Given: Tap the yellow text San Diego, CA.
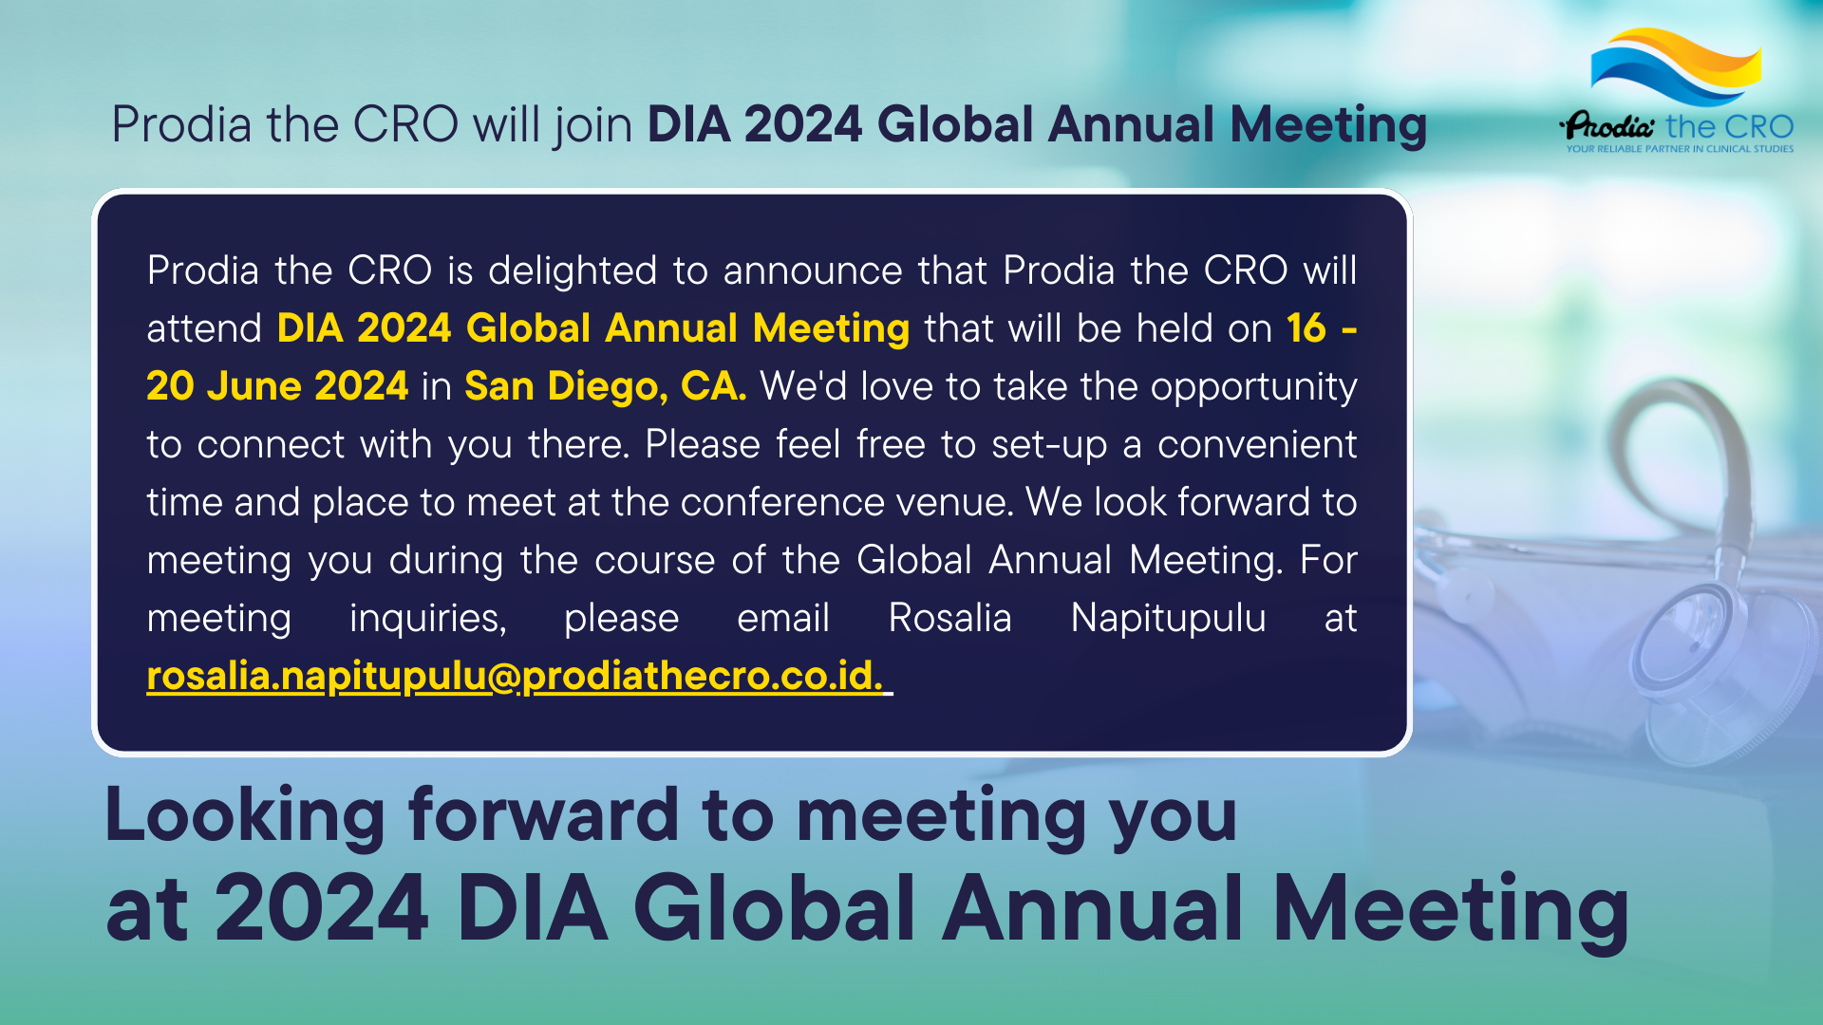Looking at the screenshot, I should (x=605, y=386).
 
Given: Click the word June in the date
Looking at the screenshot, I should (x=254, y=386).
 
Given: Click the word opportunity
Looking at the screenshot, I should (x=1253, y=387).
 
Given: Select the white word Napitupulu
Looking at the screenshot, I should (x=1168, y=618).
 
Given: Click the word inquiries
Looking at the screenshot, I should (x=427, y=619).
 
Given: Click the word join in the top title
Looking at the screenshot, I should (x=593, y=125).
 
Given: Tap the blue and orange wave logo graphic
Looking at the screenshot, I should (x=1676, y=66).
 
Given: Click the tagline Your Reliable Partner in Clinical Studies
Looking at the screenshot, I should (x=1680, y=149).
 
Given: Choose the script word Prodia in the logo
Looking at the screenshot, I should (x=1609, y=126).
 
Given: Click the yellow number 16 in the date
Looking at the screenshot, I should (x=1306, y=328).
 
